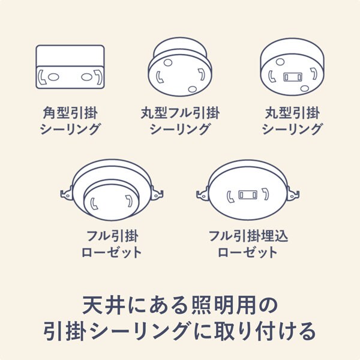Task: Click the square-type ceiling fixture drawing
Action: (70, 68)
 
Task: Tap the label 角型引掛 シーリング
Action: (70, 121)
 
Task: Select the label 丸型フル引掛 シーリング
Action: (180, 121)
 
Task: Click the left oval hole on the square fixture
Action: (52, 77)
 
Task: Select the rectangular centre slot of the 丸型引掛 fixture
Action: (292, 77)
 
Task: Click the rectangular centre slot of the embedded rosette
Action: (247, 196)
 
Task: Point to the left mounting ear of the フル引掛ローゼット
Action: (65, 193)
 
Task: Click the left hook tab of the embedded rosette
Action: (202, 193)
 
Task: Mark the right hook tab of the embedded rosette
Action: (294, 193)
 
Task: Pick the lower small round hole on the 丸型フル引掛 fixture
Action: (191, 89)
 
